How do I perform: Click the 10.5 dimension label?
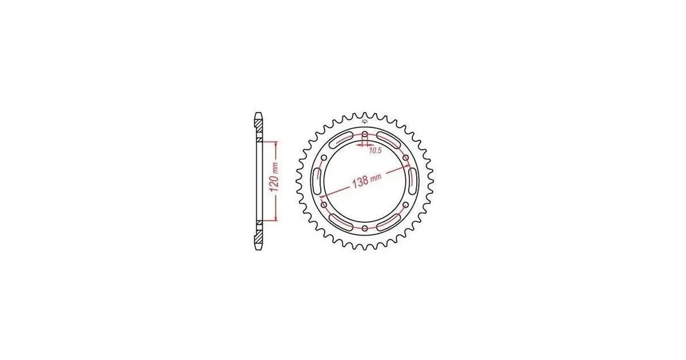pyautogui.click(x=375, y=151)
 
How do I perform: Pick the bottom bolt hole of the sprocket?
pyautogui.click(x=365, y=228)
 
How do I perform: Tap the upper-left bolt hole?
pyautogui.click(x=324, y=157)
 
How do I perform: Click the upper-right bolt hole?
pyautogui.click(x=406, y=157)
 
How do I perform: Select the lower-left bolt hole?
pyautogui.click(x=324, y=204)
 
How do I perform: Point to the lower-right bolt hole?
pyautogui.click(x=406, y=204)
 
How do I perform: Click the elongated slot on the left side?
pyautogui.click(x=318, y=181)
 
